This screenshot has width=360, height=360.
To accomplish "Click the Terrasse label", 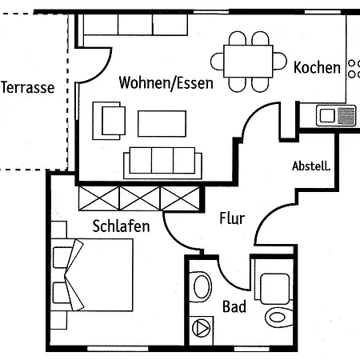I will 27,87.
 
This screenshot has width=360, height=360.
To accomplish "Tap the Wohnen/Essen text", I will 166,82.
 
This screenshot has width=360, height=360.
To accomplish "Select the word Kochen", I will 317,67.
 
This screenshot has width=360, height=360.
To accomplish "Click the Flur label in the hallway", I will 231,218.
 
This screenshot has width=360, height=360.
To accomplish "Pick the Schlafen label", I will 121,226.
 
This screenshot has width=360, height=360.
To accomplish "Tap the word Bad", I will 234,306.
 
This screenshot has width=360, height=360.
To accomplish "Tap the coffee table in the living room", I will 162,123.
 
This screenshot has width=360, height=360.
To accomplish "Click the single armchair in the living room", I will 112,120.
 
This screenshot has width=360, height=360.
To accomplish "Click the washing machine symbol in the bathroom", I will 202,327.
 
